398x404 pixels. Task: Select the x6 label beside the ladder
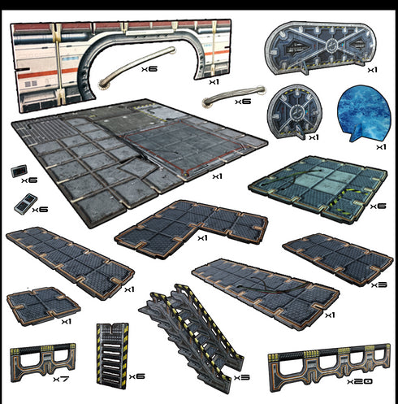(x=137, y=376)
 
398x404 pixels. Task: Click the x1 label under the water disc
(x=381, y=147)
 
